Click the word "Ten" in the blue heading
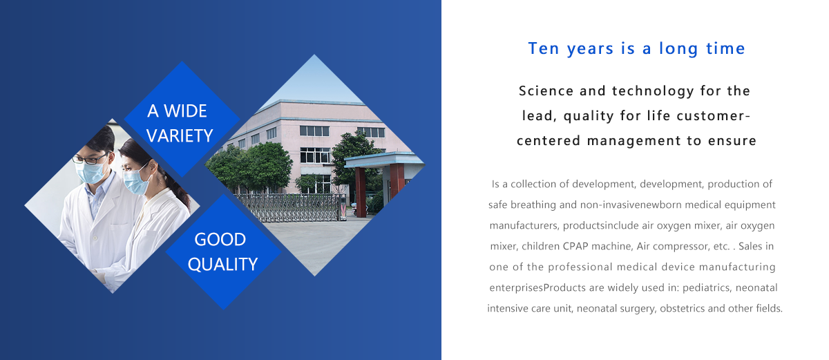coord(543,48)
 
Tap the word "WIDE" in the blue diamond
coord(185,111)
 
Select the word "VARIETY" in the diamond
coord(180,136)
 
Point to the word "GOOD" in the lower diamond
coord(220,240)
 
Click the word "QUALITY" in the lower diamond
coord(222,265)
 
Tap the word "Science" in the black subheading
coord(546,91)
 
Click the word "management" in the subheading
coord(633,141)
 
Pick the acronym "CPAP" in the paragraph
coord(575,247)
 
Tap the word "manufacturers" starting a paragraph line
coord(524,226)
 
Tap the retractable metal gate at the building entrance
coord(291,208)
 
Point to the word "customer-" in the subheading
coord(713,116)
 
